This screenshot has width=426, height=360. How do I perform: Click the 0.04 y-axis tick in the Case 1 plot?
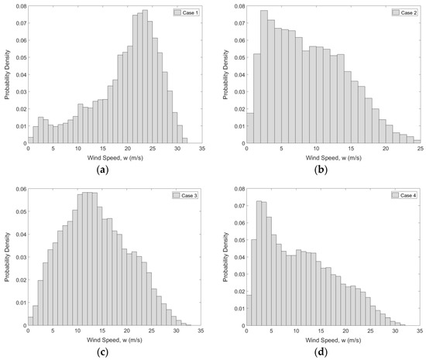(x=18, y=75)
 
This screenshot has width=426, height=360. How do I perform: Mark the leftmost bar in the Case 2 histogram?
(x=249, y=128)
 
